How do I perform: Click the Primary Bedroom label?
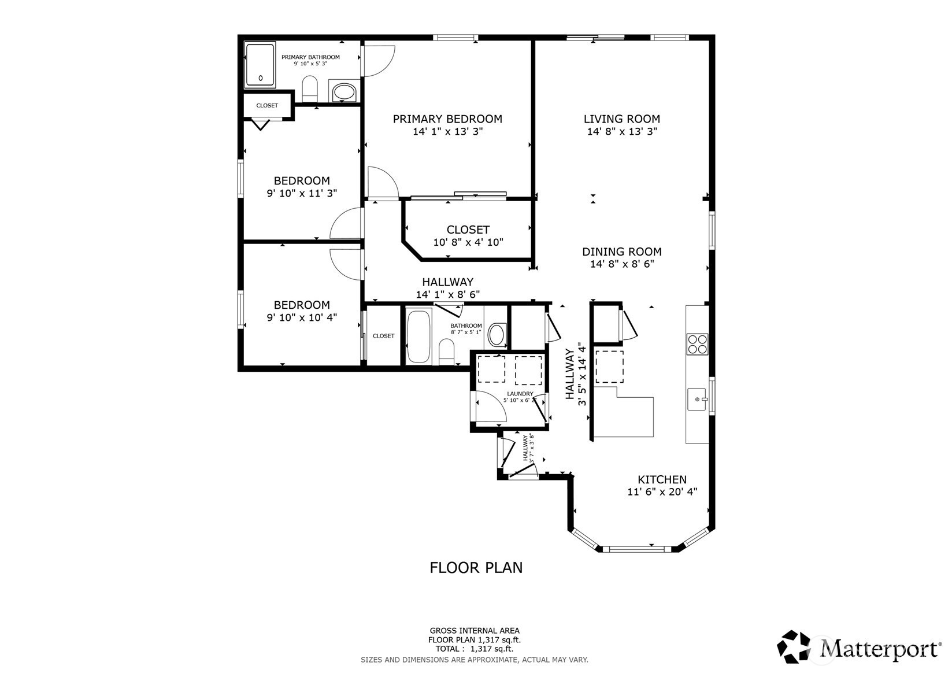447,119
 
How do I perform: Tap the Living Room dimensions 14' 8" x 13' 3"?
622,131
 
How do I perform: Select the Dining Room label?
622,252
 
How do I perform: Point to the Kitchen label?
662,479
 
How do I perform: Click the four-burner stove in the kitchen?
698,345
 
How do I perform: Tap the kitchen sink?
697,399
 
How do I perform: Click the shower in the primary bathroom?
260,65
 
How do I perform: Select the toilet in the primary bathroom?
310,89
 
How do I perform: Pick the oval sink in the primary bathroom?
344,92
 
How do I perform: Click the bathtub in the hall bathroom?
418,337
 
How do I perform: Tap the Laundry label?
520,394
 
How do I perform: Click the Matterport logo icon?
794,646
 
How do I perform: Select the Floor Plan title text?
476,568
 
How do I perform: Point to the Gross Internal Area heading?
475,631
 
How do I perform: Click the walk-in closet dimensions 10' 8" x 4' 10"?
468,242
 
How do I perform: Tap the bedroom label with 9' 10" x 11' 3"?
302,181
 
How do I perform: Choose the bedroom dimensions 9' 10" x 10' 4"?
302,317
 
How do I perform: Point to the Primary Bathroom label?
310,57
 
